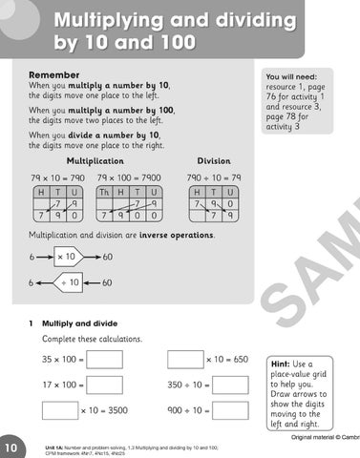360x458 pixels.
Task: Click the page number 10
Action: pos(10,448)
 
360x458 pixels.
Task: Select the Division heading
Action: pos(213,161)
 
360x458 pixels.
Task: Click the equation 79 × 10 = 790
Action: pos(57,178)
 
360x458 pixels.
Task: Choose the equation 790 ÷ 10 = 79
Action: pos(213,178)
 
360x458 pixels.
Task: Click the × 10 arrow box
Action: pos(68,257)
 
